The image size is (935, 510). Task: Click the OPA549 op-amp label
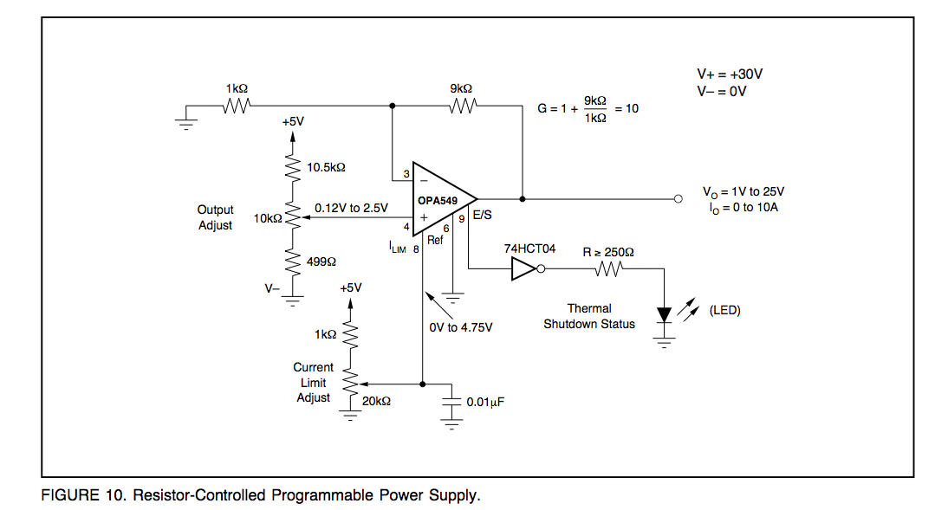pyautogui.click(x=437, y=201)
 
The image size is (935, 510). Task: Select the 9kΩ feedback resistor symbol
pyautogui.click(x=464, y=106)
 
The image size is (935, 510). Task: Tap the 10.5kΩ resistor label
pyautogui.click(x=326, y=167)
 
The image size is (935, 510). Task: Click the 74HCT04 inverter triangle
pyautogui.click(x=523, y=268)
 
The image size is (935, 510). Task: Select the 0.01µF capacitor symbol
pyautogui.click(x=451, y=402)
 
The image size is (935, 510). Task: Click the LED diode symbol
pyautogui.click(x=664, y=315)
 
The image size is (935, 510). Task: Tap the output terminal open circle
pyautogui.click(x=678, y=199)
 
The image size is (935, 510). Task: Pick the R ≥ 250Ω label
pyautogui.click(x=608, y=252)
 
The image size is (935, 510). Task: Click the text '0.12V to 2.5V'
pyautogui.click(x=351, y=208)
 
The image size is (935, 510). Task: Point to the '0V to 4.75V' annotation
pyautogui.click(x=461, y=327)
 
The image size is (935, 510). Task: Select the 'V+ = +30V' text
pyautogui.click(x=730, y=74)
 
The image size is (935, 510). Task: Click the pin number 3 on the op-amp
pyautogui.click(x=406, y=174)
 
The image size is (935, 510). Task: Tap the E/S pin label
pyautogui.click(x=483, y=215)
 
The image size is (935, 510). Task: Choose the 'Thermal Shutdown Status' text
pyautogui.click(x=589, y=316)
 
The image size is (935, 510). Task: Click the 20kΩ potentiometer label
pyautogui.click(x=376, y=402)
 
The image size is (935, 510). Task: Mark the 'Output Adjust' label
pyautogui.click(x=215, y=217)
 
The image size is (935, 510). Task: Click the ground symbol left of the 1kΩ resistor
pyautogui.click(x=186, y=123)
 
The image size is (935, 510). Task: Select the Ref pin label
pyautogui.click(x=435, y=240)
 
